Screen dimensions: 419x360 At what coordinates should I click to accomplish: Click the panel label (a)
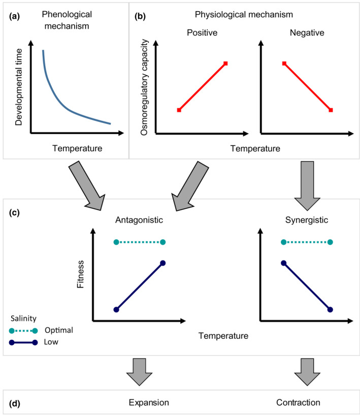pos(14,16)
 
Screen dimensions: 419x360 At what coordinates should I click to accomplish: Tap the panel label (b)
pos(141,16)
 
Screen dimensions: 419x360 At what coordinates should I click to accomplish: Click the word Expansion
pos(148,403)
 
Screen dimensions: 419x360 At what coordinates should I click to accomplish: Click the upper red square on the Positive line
pos(225,63)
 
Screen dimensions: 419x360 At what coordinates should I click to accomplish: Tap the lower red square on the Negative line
pos(331,110)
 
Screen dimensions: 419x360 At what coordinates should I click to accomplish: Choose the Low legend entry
pos(51,342)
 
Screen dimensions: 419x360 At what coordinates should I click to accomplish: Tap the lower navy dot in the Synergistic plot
pos(331,309)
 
